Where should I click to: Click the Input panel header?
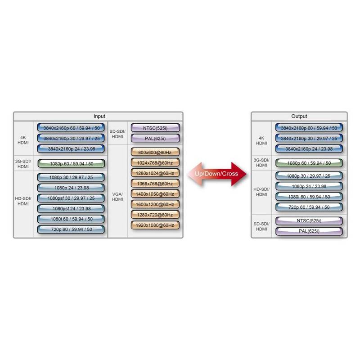tap(99, 116)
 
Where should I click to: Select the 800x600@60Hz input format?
tap(155, 152)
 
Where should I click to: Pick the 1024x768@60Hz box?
tap(155, 162)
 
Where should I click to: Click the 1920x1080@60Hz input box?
tap(155, 225)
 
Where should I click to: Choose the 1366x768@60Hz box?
tap(155, 183)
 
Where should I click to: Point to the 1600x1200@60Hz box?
tap(155, 204)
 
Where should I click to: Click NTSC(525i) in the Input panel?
tap(155, 128)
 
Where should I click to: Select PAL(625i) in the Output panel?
tap(309, 231)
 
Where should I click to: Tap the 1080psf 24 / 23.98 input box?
tap(72, 208)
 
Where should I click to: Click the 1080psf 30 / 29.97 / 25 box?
tap(72, 198)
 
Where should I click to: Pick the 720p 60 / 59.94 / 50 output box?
tap(309, 207)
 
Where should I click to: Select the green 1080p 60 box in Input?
tap(72, 163)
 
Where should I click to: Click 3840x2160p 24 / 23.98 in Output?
tap(309, 148)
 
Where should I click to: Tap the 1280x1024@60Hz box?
tap(155, 173)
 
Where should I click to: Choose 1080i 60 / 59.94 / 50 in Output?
tap(309, 197)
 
